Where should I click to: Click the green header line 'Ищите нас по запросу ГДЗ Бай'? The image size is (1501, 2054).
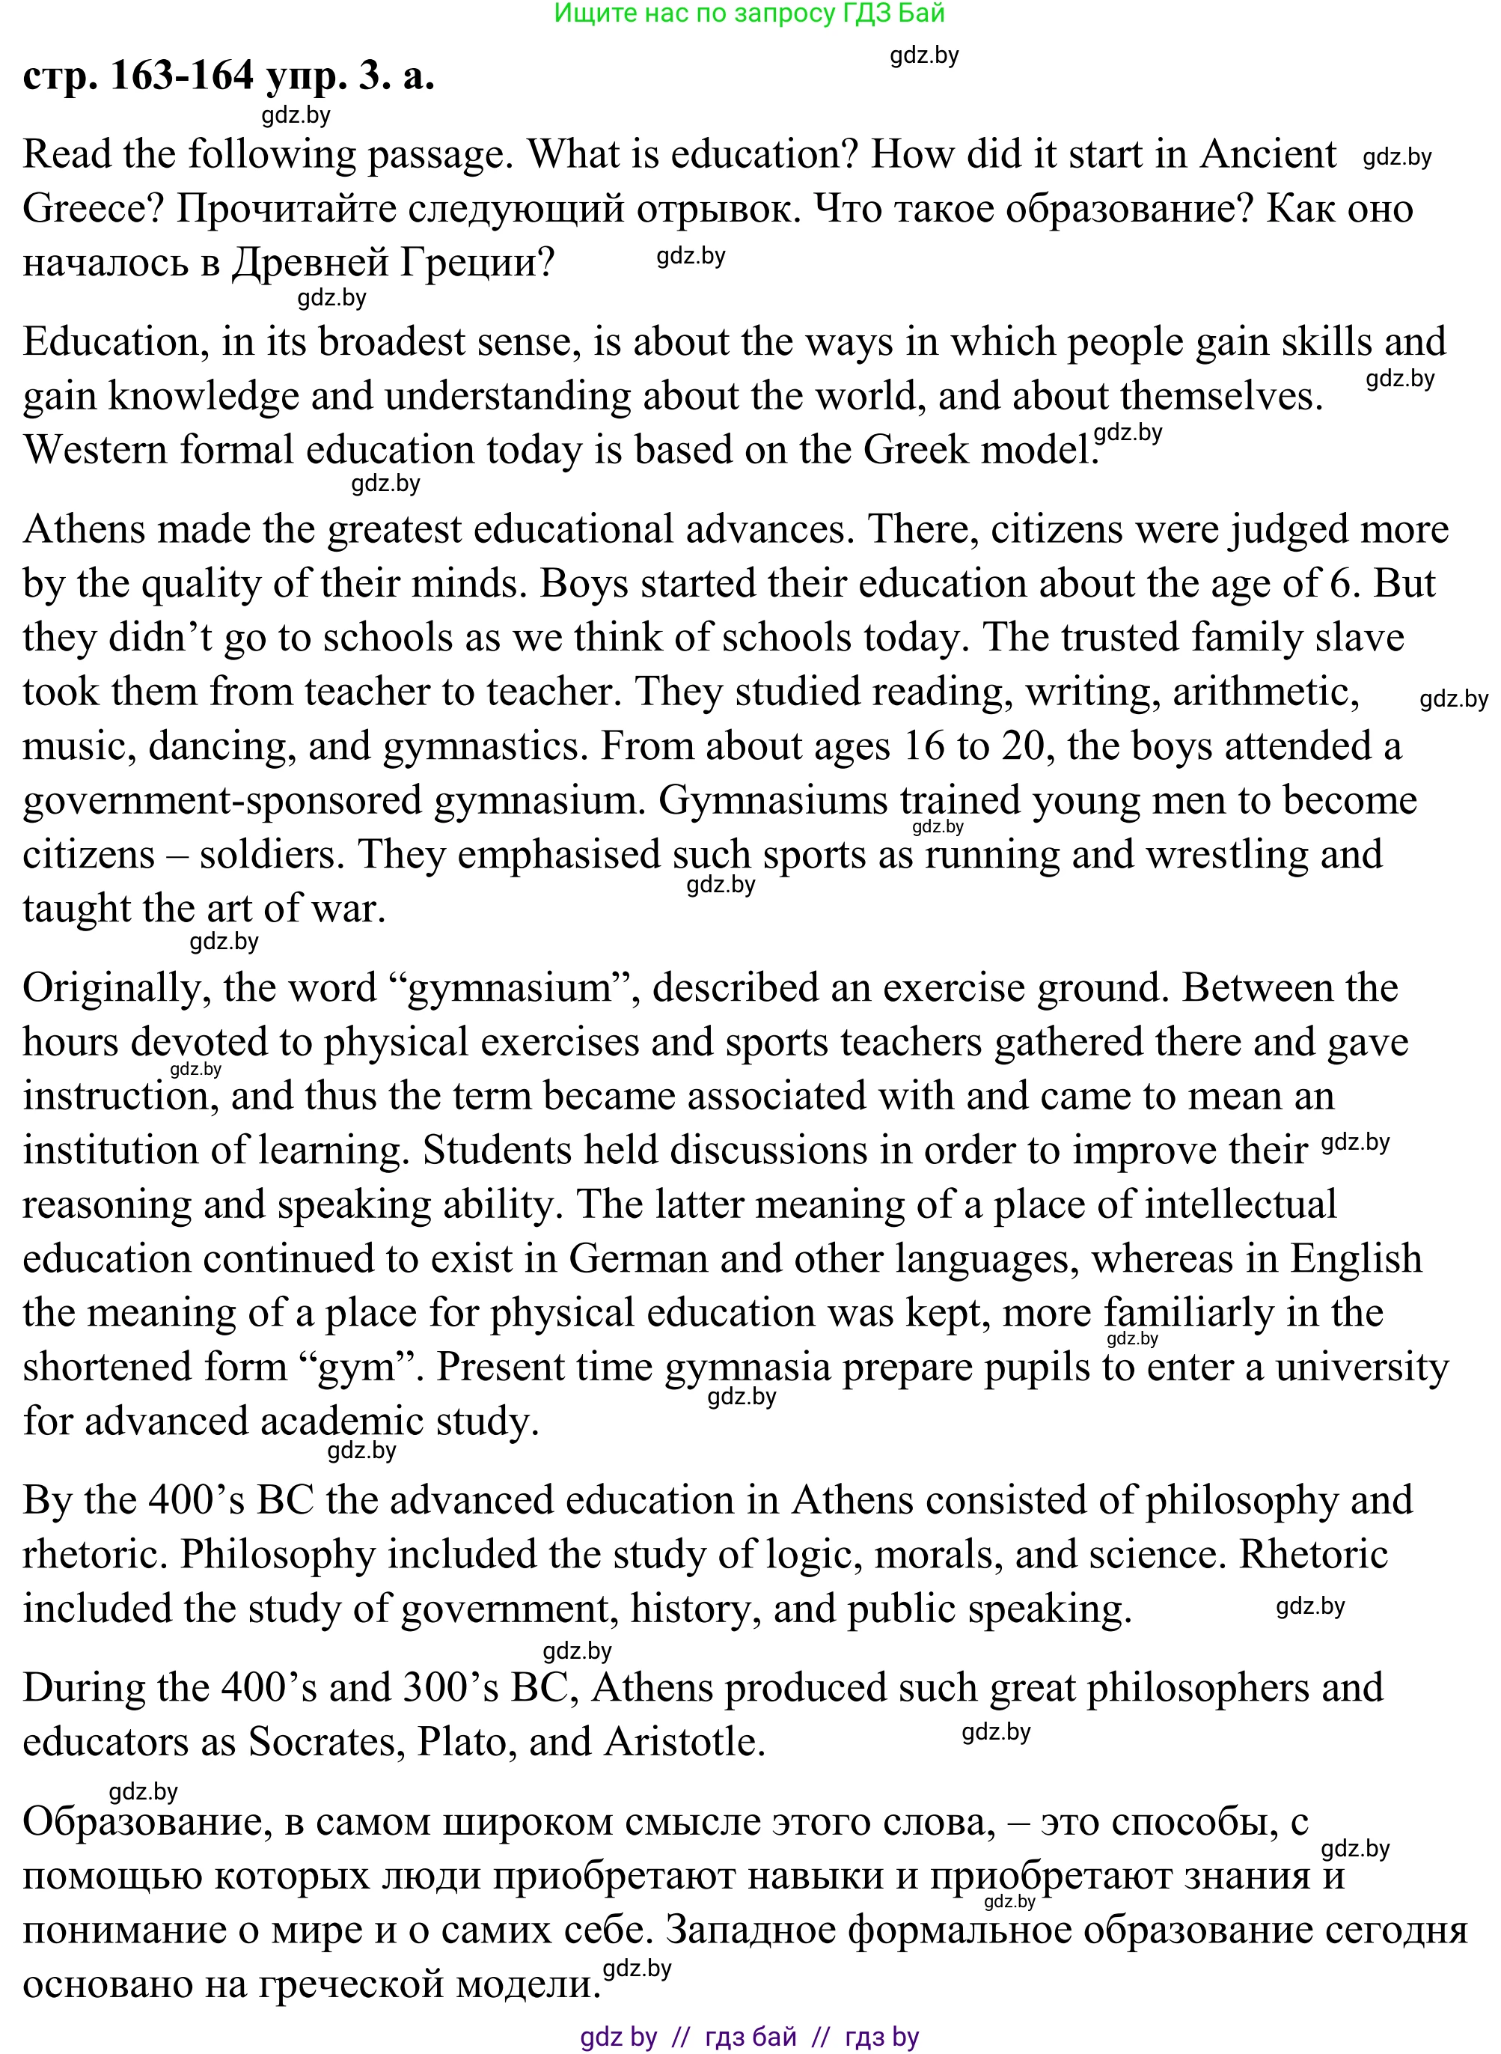[750, 13]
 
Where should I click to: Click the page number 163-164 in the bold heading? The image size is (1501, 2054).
[182, 76]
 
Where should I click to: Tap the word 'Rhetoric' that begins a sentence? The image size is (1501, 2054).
[1313, 1554]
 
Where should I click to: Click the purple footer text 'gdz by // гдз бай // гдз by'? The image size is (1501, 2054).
[750, 2037]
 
